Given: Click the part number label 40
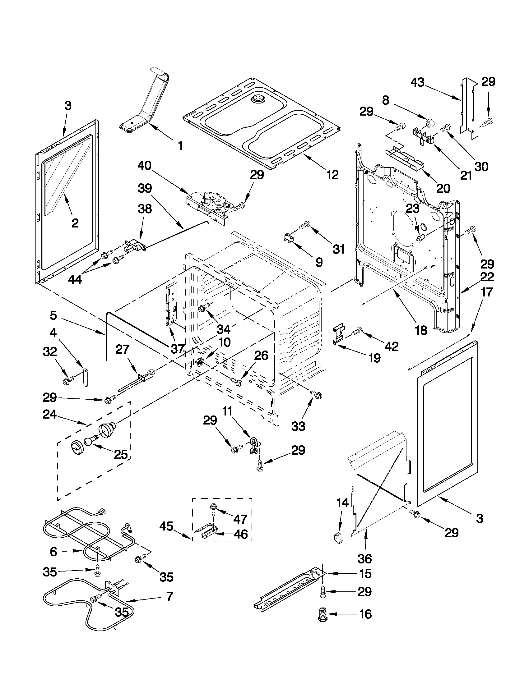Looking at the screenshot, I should coord(144,166).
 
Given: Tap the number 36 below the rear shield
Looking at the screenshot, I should coord(364,558).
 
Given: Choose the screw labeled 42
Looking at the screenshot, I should coord(357,331).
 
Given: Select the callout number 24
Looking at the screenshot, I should coord(50,414).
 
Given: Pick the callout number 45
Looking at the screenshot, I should coord(166,526).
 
